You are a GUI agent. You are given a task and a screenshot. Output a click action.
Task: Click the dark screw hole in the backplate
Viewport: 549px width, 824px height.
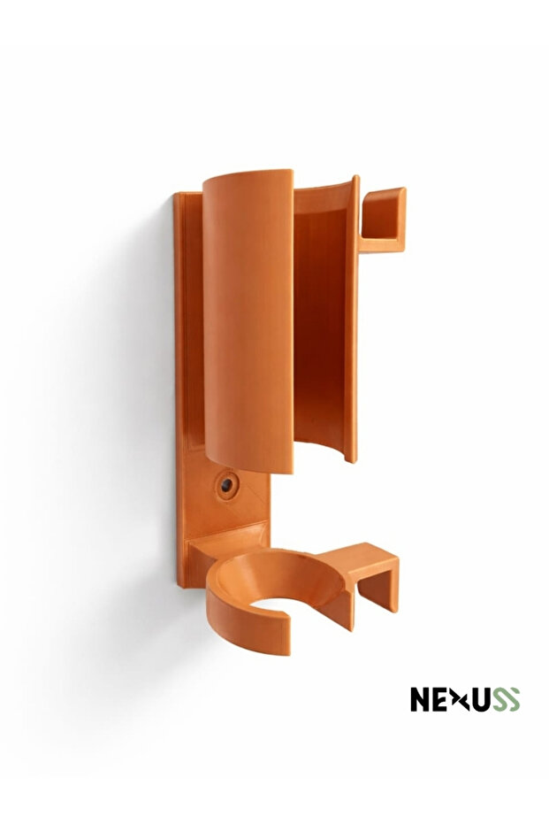pos(226,486)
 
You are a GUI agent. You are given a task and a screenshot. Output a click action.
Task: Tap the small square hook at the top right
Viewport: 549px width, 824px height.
pos(383,219)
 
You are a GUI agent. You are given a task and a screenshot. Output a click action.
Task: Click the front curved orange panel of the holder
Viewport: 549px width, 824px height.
pos(248,320)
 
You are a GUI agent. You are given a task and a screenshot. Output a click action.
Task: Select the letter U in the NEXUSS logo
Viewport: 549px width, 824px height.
pos(480,699)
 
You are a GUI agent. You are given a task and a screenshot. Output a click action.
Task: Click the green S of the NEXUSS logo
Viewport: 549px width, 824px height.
pos(511,699)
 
